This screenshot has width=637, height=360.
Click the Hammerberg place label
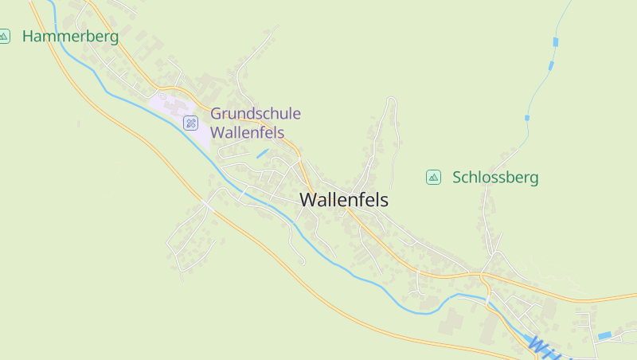[x=70, y=36]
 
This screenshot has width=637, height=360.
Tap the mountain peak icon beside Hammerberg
[x=5, y=36]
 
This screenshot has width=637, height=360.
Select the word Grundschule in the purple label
[x=256, y=114]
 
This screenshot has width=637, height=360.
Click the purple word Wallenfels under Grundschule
[x=247, y=133]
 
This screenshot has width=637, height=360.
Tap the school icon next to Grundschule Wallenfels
[x=190, y=123]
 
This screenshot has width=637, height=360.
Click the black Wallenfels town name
[x=344, y=201]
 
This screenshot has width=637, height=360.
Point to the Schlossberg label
[x=495, y=178]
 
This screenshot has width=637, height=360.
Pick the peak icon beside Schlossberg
[x=433, y=177]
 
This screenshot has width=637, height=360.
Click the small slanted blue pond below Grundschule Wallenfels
[x=262, y=153]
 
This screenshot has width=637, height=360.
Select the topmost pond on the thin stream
[x=556, y=41]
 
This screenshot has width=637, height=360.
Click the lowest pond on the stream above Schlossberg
[x=527, y=118]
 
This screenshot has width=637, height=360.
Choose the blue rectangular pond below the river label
[x=605, y=335]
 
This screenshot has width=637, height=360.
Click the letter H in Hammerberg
[x=29, y=36]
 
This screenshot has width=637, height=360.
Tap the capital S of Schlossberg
[x=457, y=178]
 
